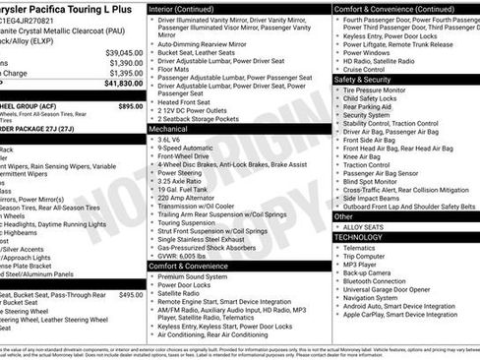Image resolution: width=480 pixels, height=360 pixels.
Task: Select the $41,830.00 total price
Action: pyautogui.click(x=122, y=84)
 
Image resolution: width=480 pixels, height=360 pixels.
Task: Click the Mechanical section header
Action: pyautogui.click(x=175, y=129)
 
